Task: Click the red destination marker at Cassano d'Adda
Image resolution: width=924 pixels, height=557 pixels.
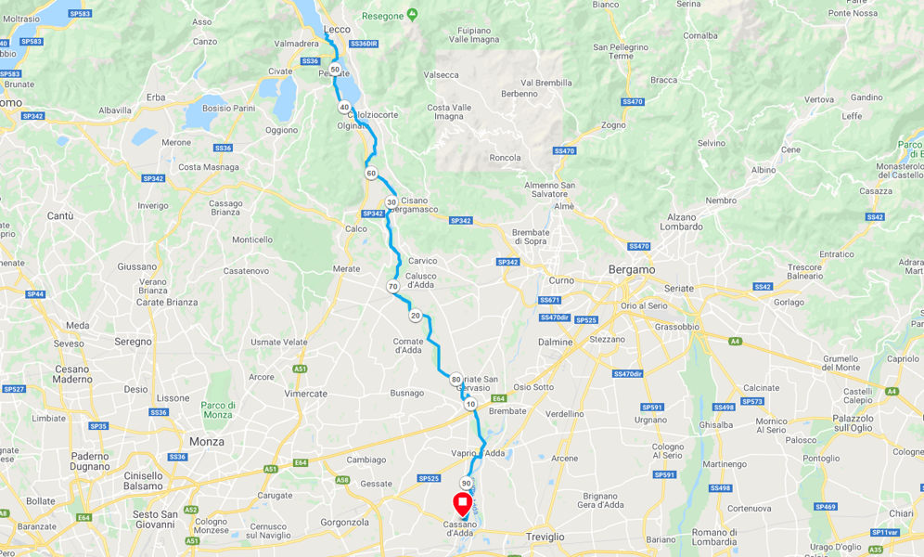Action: (x=462, y=504)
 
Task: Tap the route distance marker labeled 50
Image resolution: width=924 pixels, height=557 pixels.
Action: (x=335, y=70)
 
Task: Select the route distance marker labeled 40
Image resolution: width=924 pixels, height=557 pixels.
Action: (x=344, y=107)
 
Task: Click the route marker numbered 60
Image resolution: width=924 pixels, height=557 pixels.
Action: (x=371, y=174)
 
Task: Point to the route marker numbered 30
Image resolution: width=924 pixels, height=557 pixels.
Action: (x=391, y=201)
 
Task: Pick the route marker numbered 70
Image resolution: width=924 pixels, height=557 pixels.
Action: (x=393, y=287)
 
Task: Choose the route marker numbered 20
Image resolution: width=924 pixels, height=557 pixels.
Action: (x=416, y=316)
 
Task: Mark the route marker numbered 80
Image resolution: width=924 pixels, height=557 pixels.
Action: (x=456, y=379)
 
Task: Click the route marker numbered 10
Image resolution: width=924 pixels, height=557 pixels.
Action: (x=470, y=404)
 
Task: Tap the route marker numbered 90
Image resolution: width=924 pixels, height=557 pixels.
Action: (x=466, y=483)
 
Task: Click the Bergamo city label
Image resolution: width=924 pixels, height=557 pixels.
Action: (x=632, y=269)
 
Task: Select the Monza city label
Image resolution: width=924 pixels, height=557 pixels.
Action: (x=206, y=442)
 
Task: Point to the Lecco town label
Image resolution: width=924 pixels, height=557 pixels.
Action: (x=337, y=29)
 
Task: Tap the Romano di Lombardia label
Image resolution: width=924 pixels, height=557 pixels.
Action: (x=714, y=536)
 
